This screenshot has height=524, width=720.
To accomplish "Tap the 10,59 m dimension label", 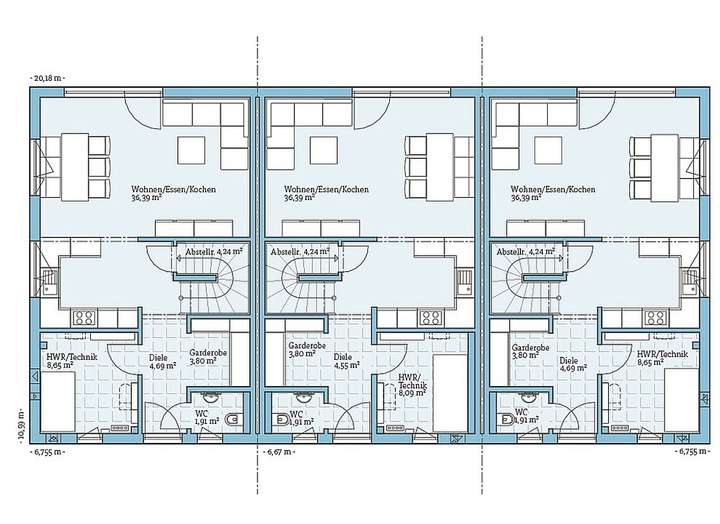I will click(21, 423).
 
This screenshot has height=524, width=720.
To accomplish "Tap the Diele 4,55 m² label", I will click(344, 361).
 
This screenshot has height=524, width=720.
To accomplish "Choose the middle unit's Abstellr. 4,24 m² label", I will click(303, 253).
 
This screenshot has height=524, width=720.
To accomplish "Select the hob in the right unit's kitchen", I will click(654, 320).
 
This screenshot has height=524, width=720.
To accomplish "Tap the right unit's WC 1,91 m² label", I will click(520, 417).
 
